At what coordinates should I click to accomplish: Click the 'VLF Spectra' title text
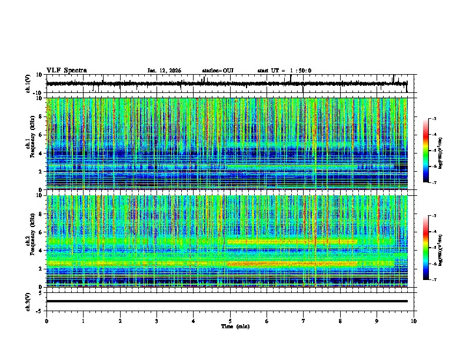tap(66, 70)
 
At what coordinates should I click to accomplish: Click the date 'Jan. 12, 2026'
tap(164, 71)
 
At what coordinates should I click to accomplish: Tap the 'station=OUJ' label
tap(218, 71)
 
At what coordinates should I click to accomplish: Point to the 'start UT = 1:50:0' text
tap(284, 71)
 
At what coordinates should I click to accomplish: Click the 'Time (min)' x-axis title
tap(230, 326)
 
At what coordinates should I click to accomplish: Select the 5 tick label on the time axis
tap(230, 321)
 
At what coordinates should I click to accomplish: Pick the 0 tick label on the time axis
tap(46, 321)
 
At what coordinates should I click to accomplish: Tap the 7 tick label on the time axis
tap(304, 321)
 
